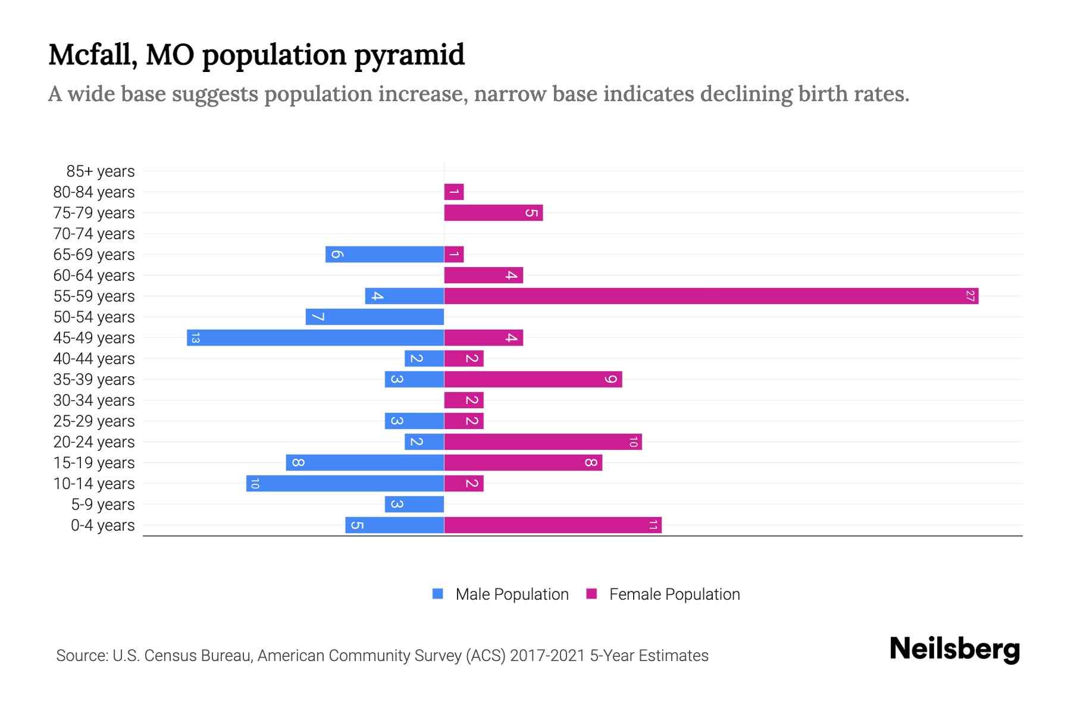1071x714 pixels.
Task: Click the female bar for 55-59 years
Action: point(711,296)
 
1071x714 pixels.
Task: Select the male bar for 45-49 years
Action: point(315,337)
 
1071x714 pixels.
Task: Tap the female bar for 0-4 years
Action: point(553,525)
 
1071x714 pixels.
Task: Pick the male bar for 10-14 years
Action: point(345,483)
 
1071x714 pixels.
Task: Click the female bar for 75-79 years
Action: point(493,212)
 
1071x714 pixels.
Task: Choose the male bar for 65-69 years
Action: point(384,254)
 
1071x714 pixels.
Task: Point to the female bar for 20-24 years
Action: point(543,441)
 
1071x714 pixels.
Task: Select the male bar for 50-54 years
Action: point(375,317)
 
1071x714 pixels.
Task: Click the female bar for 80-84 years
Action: point(454,192)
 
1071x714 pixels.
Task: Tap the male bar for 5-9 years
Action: point(414,504)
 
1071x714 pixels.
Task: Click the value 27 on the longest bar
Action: point(970,296)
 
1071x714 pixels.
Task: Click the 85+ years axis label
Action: point(101,171)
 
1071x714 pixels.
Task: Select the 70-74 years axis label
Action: point(94,234)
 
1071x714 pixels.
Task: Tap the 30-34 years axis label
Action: point(94,400)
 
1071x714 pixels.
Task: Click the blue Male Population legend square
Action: point(438,594)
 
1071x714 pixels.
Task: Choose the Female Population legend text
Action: point(674,594)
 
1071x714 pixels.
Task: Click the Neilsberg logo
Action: point(954,649)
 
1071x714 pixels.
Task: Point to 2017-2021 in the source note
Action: point(547,656)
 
